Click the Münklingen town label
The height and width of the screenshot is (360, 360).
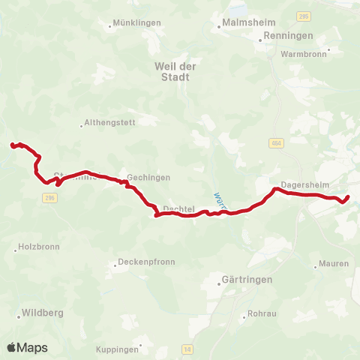tap(137, 23)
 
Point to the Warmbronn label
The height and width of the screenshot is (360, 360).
tap(302, 54)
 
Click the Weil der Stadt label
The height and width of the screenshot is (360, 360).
tap(175, 71)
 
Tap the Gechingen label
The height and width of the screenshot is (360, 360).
tap(148, 178)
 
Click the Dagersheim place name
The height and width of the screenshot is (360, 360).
tap(301, 182)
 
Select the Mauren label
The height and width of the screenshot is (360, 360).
tap(334, 263)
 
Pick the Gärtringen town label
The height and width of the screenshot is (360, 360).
tap(247, 280)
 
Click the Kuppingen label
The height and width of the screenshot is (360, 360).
tap(118, 349)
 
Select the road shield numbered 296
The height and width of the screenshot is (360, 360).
tap(49, 197)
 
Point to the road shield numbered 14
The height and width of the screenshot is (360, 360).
tap(187, 349)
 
